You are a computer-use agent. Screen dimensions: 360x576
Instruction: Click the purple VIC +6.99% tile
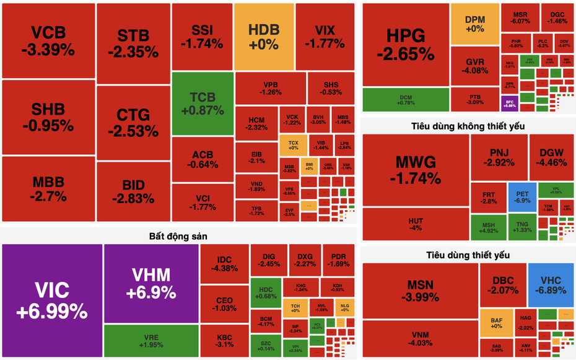(52, 301)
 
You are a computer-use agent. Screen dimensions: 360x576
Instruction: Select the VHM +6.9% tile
(151, 284)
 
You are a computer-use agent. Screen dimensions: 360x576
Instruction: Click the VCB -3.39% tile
(48, 40)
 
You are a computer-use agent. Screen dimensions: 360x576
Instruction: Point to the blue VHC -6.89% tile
(551, 284)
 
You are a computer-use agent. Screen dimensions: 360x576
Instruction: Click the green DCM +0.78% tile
(406, 99)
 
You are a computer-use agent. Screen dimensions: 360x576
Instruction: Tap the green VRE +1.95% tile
(151, 341)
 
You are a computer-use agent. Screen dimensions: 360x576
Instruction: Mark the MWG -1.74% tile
(415, 170)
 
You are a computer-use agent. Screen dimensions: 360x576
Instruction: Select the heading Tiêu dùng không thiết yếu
(468, 126)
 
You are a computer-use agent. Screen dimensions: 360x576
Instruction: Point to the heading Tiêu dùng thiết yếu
(468, 255)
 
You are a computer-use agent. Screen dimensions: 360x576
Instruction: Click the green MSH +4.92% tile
(489, 227)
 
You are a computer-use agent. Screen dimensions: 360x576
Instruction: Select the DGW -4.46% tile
(552, 157)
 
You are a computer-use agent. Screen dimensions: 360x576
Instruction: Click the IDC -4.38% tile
(224, 264)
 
